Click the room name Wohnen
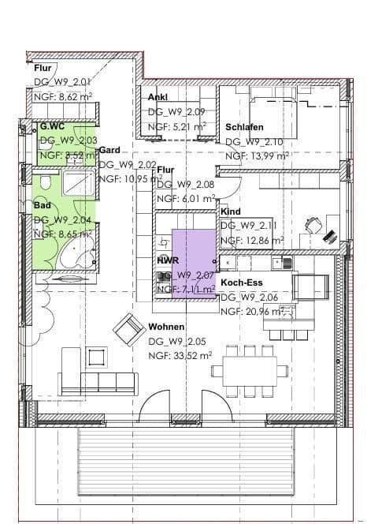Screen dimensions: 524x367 click(166, 326)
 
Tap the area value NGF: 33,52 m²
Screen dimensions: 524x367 click(180, 356)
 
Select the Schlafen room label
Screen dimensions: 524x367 click(244, 127)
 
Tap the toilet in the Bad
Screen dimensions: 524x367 click(45, 185)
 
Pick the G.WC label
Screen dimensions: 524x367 click(52, 126)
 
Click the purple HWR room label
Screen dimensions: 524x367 click(167, 260)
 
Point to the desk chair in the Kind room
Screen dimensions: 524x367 click(314, 226)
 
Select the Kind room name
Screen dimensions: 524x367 click(230, 212)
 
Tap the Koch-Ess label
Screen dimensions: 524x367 click(241, 282)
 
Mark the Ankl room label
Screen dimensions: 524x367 click(158, 97)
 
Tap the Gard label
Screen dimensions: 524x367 click(109, 149)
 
